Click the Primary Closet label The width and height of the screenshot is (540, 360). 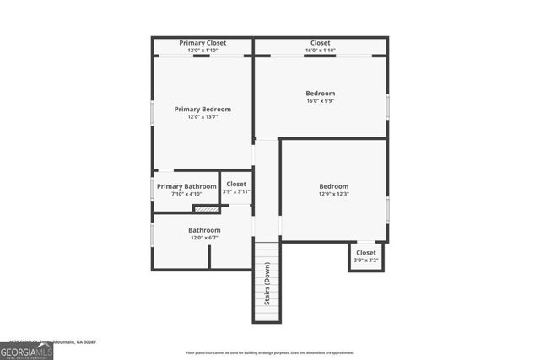202,43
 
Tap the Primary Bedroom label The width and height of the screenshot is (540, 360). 202,110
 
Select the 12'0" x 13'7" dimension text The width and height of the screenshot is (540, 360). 202,118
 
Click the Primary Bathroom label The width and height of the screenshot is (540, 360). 186,186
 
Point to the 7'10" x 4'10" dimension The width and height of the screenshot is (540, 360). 186,195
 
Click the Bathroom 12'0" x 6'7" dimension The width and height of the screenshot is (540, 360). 204,239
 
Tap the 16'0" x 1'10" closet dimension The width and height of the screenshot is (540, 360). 321,51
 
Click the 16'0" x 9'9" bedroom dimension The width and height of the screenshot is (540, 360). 321,102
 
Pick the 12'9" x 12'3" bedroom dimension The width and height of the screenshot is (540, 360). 333,195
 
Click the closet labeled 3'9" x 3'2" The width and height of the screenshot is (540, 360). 366,256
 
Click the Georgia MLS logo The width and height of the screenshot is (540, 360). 26,351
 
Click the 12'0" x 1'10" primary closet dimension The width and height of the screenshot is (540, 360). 202,51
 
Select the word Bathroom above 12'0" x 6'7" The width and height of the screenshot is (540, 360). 204,230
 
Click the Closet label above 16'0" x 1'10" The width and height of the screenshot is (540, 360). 321,43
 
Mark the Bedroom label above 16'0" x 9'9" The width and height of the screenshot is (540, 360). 321,94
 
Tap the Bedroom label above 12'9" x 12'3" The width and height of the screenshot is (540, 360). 333,186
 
